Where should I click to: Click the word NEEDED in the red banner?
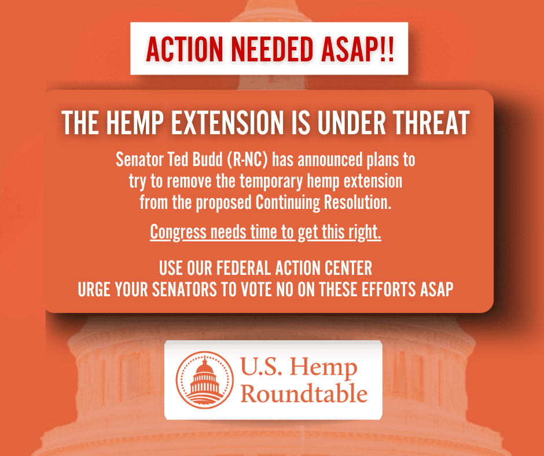tap(272, 49)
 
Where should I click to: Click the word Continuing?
tap(288, 203)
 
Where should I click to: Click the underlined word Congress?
tap(178, 233)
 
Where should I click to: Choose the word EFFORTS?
tap(388, 289)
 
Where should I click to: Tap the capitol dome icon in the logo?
tap(205, 380)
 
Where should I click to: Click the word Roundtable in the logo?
tap(304, 394)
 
